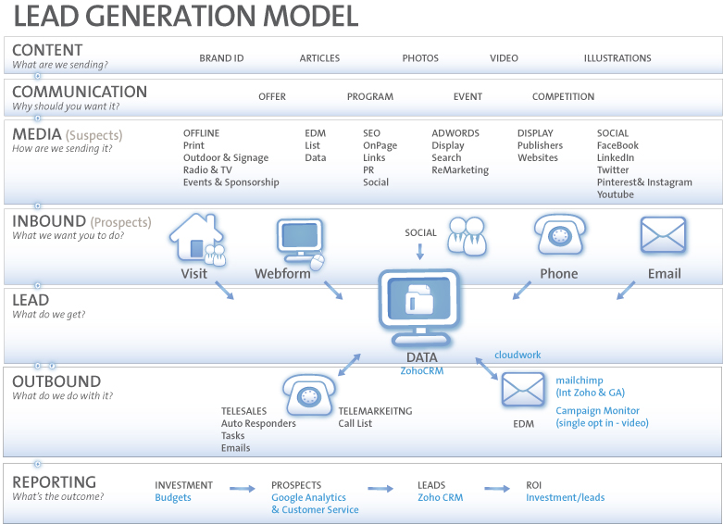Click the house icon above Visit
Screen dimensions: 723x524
click(x=197, y=239)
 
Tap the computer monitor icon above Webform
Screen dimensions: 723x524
click(x=300, y=243)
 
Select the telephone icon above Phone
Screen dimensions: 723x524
click(x=560, y=235)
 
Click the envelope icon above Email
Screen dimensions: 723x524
click(x=663, y=235)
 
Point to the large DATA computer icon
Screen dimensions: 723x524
click(x=419, y=307)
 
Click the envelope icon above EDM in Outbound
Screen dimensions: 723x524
click(x=522, y=390)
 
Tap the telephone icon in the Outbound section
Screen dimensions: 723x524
click(x=308, y=395)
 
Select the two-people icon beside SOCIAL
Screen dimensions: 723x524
click(x=467, y=236)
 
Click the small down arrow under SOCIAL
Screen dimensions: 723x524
click(x=420, y=252)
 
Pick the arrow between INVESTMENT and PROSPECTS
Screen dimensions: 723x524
click(x=242, y=489)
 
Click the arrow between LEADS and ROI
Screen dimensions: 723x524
click(x=497, y=489)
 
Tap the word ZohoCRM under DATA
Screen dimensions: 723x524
click(x=422, y=371)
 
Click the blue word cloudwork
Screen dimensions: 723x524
click(x=517, y=355)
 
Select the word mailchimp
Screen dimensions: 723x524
click(x=580, y=381)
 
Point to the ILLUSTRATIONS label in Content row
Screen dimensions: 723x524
click(x=617, y=58)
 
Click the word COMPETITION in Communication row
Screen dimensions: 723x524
click(x=563, y=96)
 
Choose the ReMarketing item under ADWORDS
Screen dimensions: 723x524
click(x=460, y=170)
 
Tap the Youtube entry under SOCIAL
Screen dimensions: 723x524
click(x=615, y=194)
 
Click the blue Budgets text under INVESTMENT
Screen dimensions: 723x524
click(x=173, y=498)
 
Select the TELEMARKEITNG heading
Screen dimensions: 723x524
click(x=375, y=411)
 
